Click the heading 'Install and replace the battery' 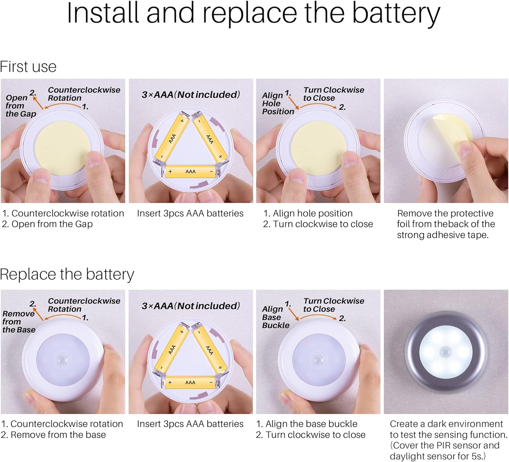click(253, 14)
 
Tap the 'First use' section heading click(28, 67)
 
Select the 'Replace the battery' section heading click(67, 274)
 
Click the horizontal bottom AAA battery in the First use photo click(190, 172)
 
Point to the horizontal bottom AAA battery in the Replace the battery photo click(190, 383)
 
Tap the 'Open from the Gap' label click(21, 105)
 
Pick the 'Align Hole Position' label click(278, 103)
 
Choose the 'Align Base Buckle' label click(276, 317)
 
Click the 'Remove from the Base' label click(19, 322)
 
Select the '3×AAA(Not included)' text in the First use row click(191, 95)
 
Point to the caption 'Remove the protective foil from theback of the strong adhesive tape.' click(446, 224)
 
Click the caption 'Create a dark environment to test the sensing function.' click(448, 429)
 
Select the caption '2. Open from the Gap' click(47, 224)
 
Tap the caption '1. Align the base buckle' click(307, 424)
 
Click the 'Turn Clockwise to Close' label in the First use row click(334, 94)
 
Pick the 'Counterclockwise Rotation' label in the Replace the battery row click(84, 305)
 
